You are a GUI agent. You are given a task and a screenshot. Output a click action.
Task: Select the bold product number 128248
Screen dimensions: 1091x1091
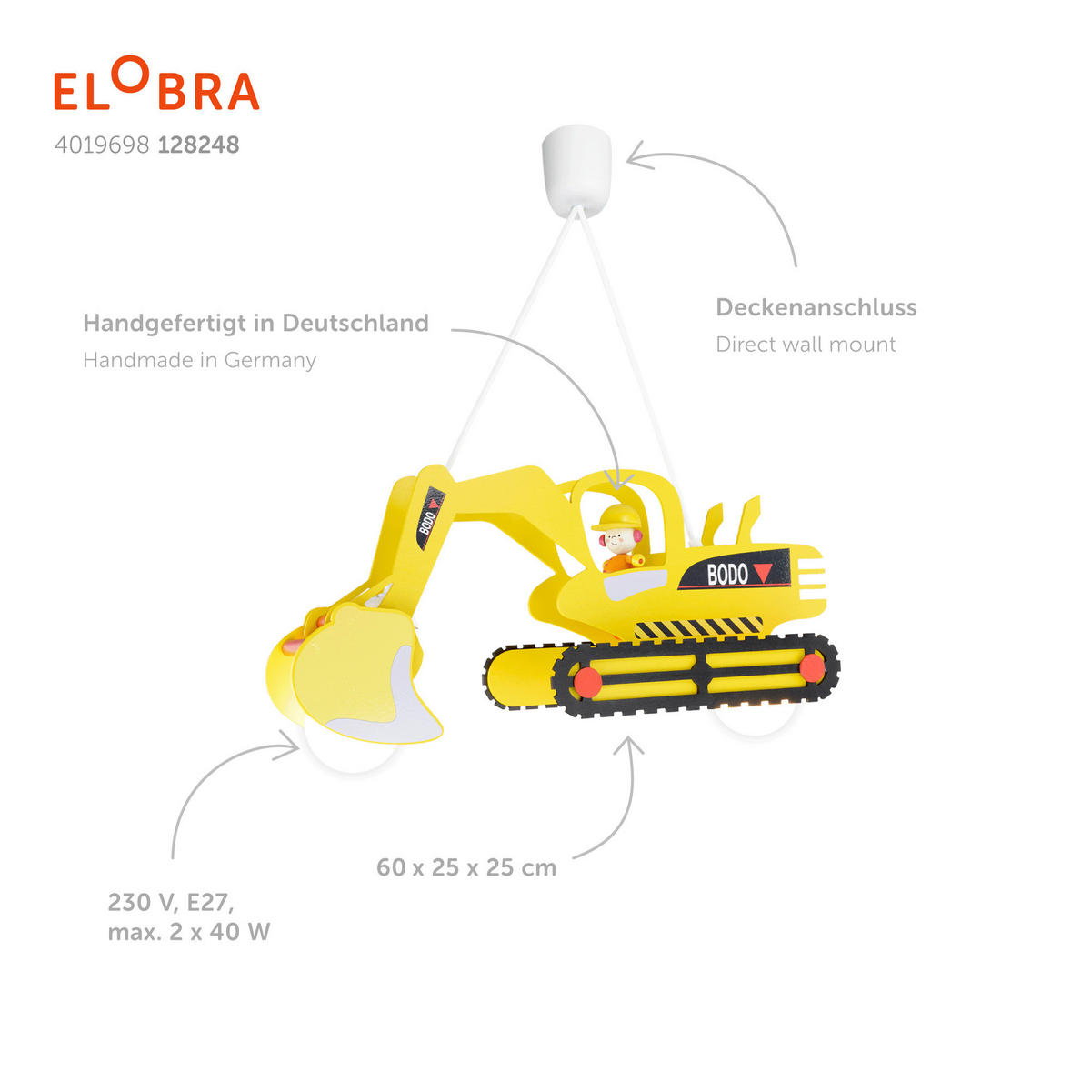click(x=198, y=145)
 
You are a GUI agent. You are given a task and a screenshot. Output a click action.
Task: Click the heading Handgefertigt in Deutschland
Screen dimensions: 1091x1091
click(x=255, y=323)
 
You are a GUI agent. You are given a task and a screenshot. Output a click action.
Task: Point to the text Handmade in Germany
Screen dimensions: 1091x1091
click(x=199, y=360)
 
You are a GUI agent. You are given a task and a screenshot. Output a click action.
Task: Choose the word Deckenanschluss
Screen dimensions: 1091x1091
click(x=816, y=307)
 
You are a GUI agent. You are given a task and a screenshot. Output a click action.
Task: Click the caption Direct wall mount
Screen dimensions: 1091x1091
click(x=806, y=345)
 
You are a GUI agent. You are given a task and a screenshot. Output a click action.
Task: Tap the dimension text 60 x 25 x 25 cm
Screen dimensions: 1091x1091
click(x=466, y=867)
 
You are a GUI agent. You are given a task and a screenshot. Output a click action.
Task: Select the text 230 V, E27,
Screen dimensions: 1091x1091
click(x=171, y=902)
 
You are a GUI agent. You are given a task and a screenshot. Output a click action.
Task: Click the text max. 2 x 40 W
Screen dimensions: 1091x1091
click(x=189, y=932)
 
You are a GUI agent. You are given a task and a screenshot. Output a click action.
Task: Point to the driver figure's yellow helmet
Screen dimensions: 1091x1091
click(x=616, y=516)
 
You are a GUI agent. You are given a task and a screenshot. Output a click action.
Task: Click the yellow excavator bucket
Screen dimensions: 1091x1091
click(x=364, y=673)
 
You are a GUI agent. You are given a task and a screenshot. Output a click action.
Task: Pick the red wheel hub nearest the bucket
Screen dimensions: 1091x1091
click(x=587, y=679)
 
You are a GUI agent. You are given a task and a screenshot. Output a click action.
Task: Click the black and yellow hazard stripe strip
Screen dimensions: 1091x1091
click(x=697, y=627)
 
